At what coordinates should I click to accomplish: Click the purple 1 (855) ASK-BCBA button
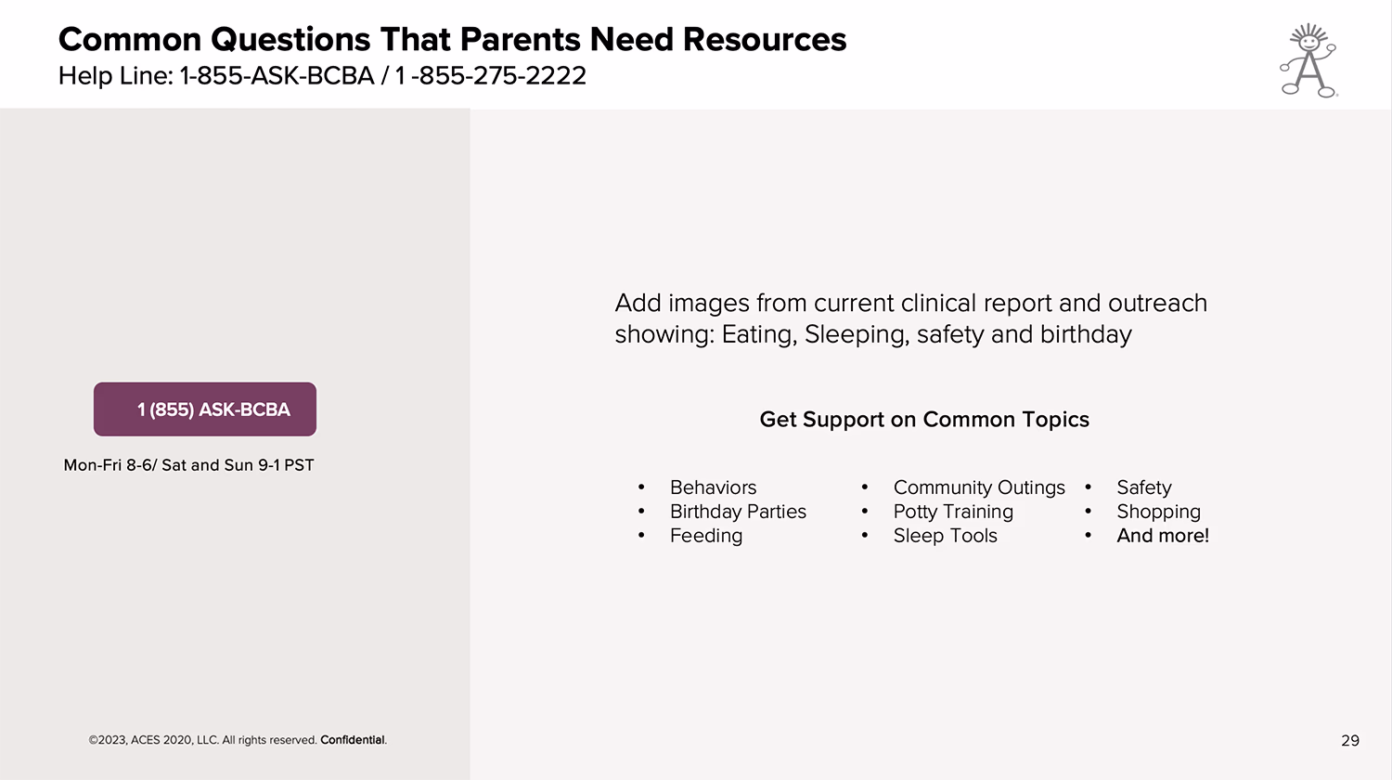click(205, 409)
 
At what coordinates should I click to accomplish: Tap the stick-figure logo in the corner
click(1308, 60)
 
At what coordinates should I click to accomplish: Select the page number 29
click(1349, 740)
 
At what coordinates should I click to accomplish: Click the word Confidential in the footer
click(353, 739)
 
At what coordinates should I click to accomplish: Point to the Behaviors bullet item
click(713, 487)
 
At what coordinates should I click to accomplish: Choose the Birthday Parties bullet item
click(738, 512)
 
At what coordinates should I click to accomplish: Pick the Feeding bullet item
click(706, 536)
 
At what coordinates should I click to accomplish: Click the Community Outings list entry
click(979, 487)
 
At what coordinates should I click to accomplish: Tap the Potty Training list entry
click(953, 512)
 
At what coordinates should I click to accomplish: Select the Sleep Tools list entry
click(946, 536)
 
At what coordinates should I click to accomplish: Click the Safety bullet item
click(1144, 487)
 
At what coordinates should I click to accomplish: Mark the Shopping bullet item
click(1158, 512)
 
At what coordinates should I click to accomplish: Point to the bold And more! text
click(1163, 536)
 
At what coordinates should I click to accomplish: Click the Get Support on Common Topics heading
click(924, 419)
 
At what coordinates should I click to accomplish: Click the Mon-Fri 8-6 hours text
click(109, 465)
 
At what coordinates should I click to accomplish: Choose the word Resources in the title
click(765, 39)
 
